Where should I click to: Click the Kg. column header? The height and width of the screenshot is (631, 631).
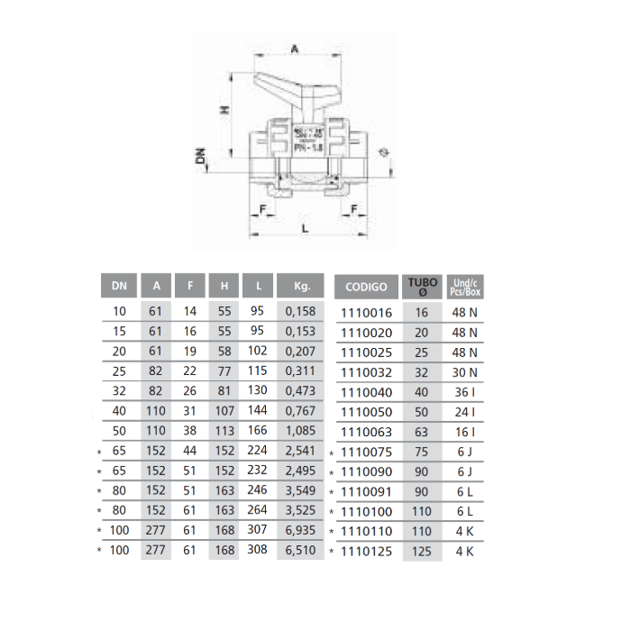[x=302, y=287]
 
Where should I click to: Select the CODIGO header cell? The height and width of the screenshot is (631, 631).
[x=366, y=287]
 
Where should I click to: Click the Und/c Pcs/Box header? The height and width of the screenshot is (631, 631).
[x=466, y=287]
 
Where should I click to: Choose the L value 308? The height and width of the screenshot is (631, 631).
[x=258, y=549]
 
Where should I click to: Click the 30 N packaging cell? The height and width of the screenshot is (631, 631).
[x=466, y=372]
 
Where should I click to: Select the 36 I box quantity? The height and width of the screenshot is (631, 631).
[x=466, y=392]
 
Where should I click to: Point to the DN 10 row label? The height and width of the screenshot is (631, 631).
[x=120, y=311]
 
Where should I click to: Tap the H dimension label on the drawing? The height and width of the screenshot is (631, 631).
[x=225, y=110]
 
